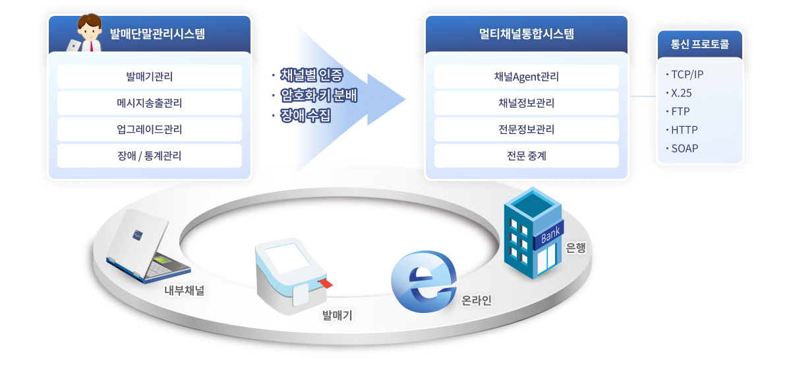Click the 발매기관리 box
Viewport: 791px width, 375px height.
pos(150,77)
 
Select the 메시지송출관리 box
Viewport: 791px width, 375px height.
pos(150,103)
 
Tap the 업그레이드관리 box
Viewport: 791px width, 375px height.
pos(150,129)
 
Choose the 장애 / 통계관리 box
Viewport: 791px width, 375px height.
pos(150,156)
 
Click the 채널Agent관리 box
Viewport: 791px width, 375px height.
pos(526,77)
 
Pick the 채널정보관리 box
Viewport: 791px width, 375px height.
pos(526,103)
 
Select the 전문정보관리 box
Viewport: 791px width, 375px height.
pos(526,129)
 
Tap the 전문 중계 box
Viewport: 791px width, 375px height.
pos(526,156)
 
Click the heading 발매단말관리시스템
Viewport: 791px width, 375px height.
pos(157,34)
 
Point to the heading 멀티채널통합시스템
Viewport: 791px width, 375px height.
pos(526,34)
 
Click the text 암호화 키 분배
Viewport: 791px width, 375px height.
pos(318,95)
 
